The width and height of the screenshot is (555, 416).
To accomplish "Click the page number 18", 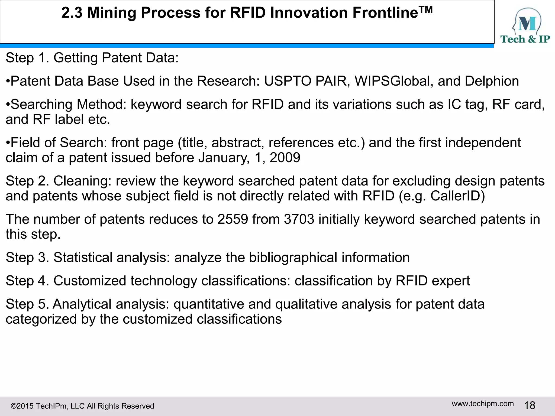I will [x=530, y=405].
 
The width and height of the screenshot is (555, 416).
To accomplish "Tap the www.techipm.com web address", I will [x=483, y=404].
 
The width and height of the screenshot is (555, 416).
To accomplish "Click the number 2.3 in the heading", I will [x=72, y=13].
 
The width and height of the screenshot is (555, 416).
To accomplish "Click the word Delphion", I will [x=492, y=81].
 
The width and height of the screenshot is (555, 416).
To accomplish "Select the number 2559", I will [x=233, y=219].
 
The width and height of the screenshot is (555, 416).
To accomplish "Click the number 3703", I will [x=299, y=219].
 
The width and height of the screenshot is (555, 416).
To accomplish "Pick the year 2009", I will [x=285, y=158].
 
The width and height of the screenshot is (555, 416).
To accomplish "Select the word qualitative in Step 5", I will [x=306, y=304].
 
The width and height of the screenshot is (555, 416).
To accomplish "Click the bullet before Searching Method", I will [x=8, y=105].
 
